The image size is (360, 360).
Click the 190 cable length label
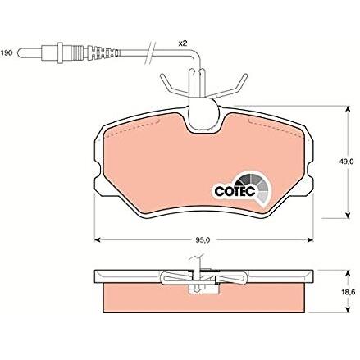(7, 52)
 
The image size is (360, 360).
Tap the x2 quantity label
(182, 43)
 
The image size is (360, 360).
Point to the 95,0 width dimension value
(203, 240)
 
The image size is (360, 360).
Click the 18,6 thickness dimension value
(348, 292)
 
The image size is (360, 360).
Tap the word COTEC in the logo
(235, 191)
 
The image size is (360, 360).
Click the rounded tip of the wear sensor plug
(20, 52)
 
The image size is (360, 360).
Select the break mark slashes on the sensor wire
(150, 53)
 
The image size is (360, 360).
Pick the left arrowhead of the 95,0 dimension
(97, 239)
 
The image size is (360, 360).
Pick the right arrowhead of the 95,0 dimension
(310, 239)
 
